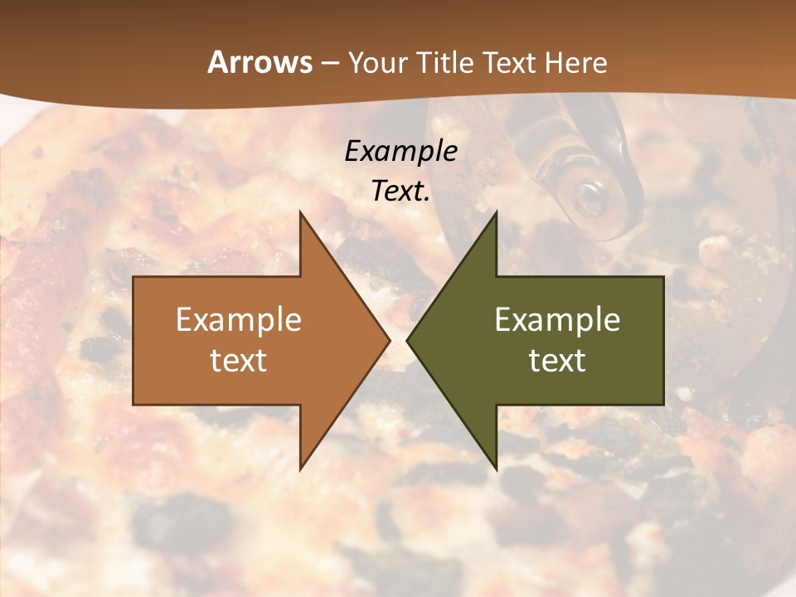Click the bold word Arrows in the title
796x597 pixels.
[x=260, y=62]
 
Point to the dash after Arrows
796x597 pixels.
[x=329, y=63]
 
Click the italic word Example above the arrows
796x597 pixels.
[x=400, y=151]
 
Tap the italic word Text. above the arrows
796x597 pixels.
[x=400, y=191]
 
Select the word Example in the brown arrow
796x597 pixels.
[x=239, y=319]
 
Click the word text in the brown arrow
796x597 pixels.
[x=239, y=360]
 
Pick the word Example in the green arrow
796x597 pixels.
[x=557, y=319]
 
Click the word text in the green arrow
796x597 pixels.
[x=557, y=360]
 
